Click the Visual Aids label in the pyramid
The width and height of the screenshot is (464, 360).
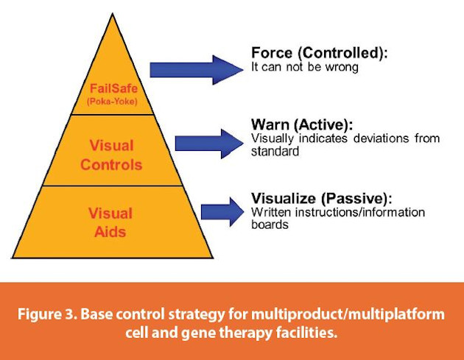[x=110, y=222]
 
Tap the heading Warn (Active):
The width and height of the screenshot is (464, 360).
[x=299, y=124]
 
